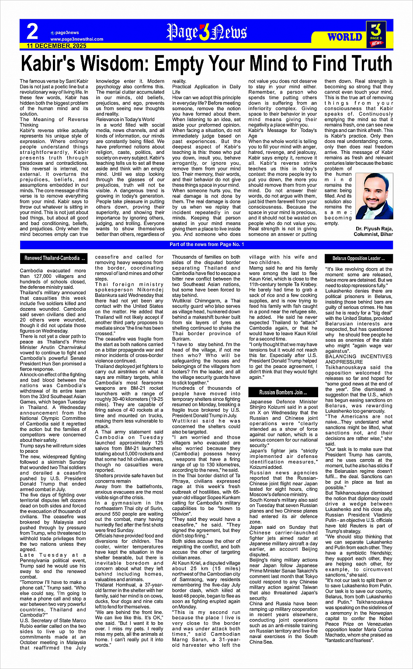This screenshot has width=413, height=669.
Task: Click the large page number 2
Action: [32, 32]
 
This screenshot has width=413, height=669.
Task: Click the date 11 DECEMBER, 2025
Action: [56, 45]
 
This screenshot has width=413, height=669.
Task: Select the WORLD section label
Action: [345, 37]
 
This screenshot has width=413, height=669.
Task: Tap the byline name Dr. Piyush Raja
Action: [374, 229]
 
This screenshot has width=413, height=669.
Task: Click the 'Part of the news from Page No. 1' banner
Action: [206, 245]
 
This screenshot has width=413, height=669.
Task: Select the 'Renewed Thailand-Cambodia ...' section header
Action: [55, 258]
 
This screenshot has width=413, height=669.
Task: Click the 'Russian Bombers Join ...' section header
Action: [283, 392]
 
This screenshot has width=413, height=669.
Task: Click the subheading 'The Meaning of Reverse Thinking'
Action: [54, 122]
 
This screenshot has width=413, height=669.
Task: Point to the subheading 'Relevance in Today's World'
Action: [125, 119]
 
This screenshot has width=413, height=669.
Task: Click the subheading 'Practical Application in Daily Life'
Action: [206, 89]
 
